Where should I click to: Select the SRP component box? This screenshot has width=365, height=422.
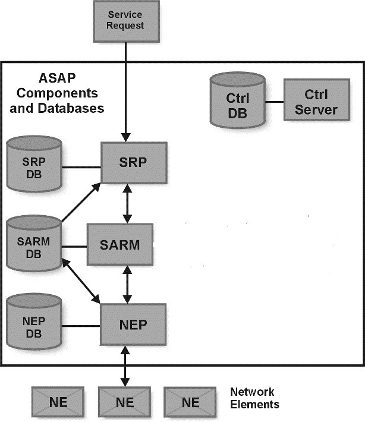132,163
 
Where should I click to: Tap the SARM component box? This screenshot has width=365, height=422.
120,244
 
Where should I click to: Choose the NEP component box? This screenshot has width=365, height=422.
133,325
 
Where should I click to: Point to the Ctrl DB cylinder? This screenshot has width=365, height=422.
238,102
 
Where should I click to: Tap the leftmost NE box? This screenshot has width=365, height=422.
58,402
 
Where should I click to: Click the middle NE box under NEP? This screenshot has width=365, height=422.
125,402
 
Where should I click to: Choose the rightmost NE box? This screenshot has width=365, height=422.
191,402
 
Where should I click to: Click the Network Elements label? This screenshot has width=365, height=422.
253,398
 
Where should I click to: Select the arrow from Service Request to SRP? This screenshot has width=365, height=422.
126,89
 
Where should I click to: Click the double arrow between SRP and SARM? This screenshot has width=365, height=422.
126,203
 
